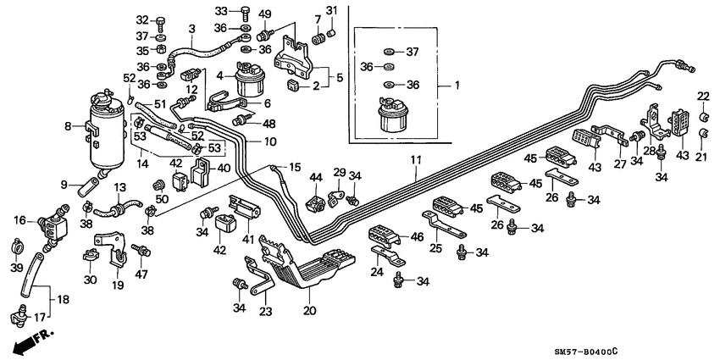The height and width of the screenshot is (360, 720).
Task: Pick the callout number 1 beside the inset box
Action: click(x=457, y=86)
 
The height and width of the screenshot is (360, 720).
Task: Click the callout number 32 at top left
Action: click(x=141, y=19)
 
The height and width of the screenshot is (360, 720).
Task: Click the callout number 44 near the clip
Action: click(x=316, y=178)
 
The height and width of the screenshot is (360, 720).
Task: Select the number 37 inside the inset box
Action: click(x=413, y=51)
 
